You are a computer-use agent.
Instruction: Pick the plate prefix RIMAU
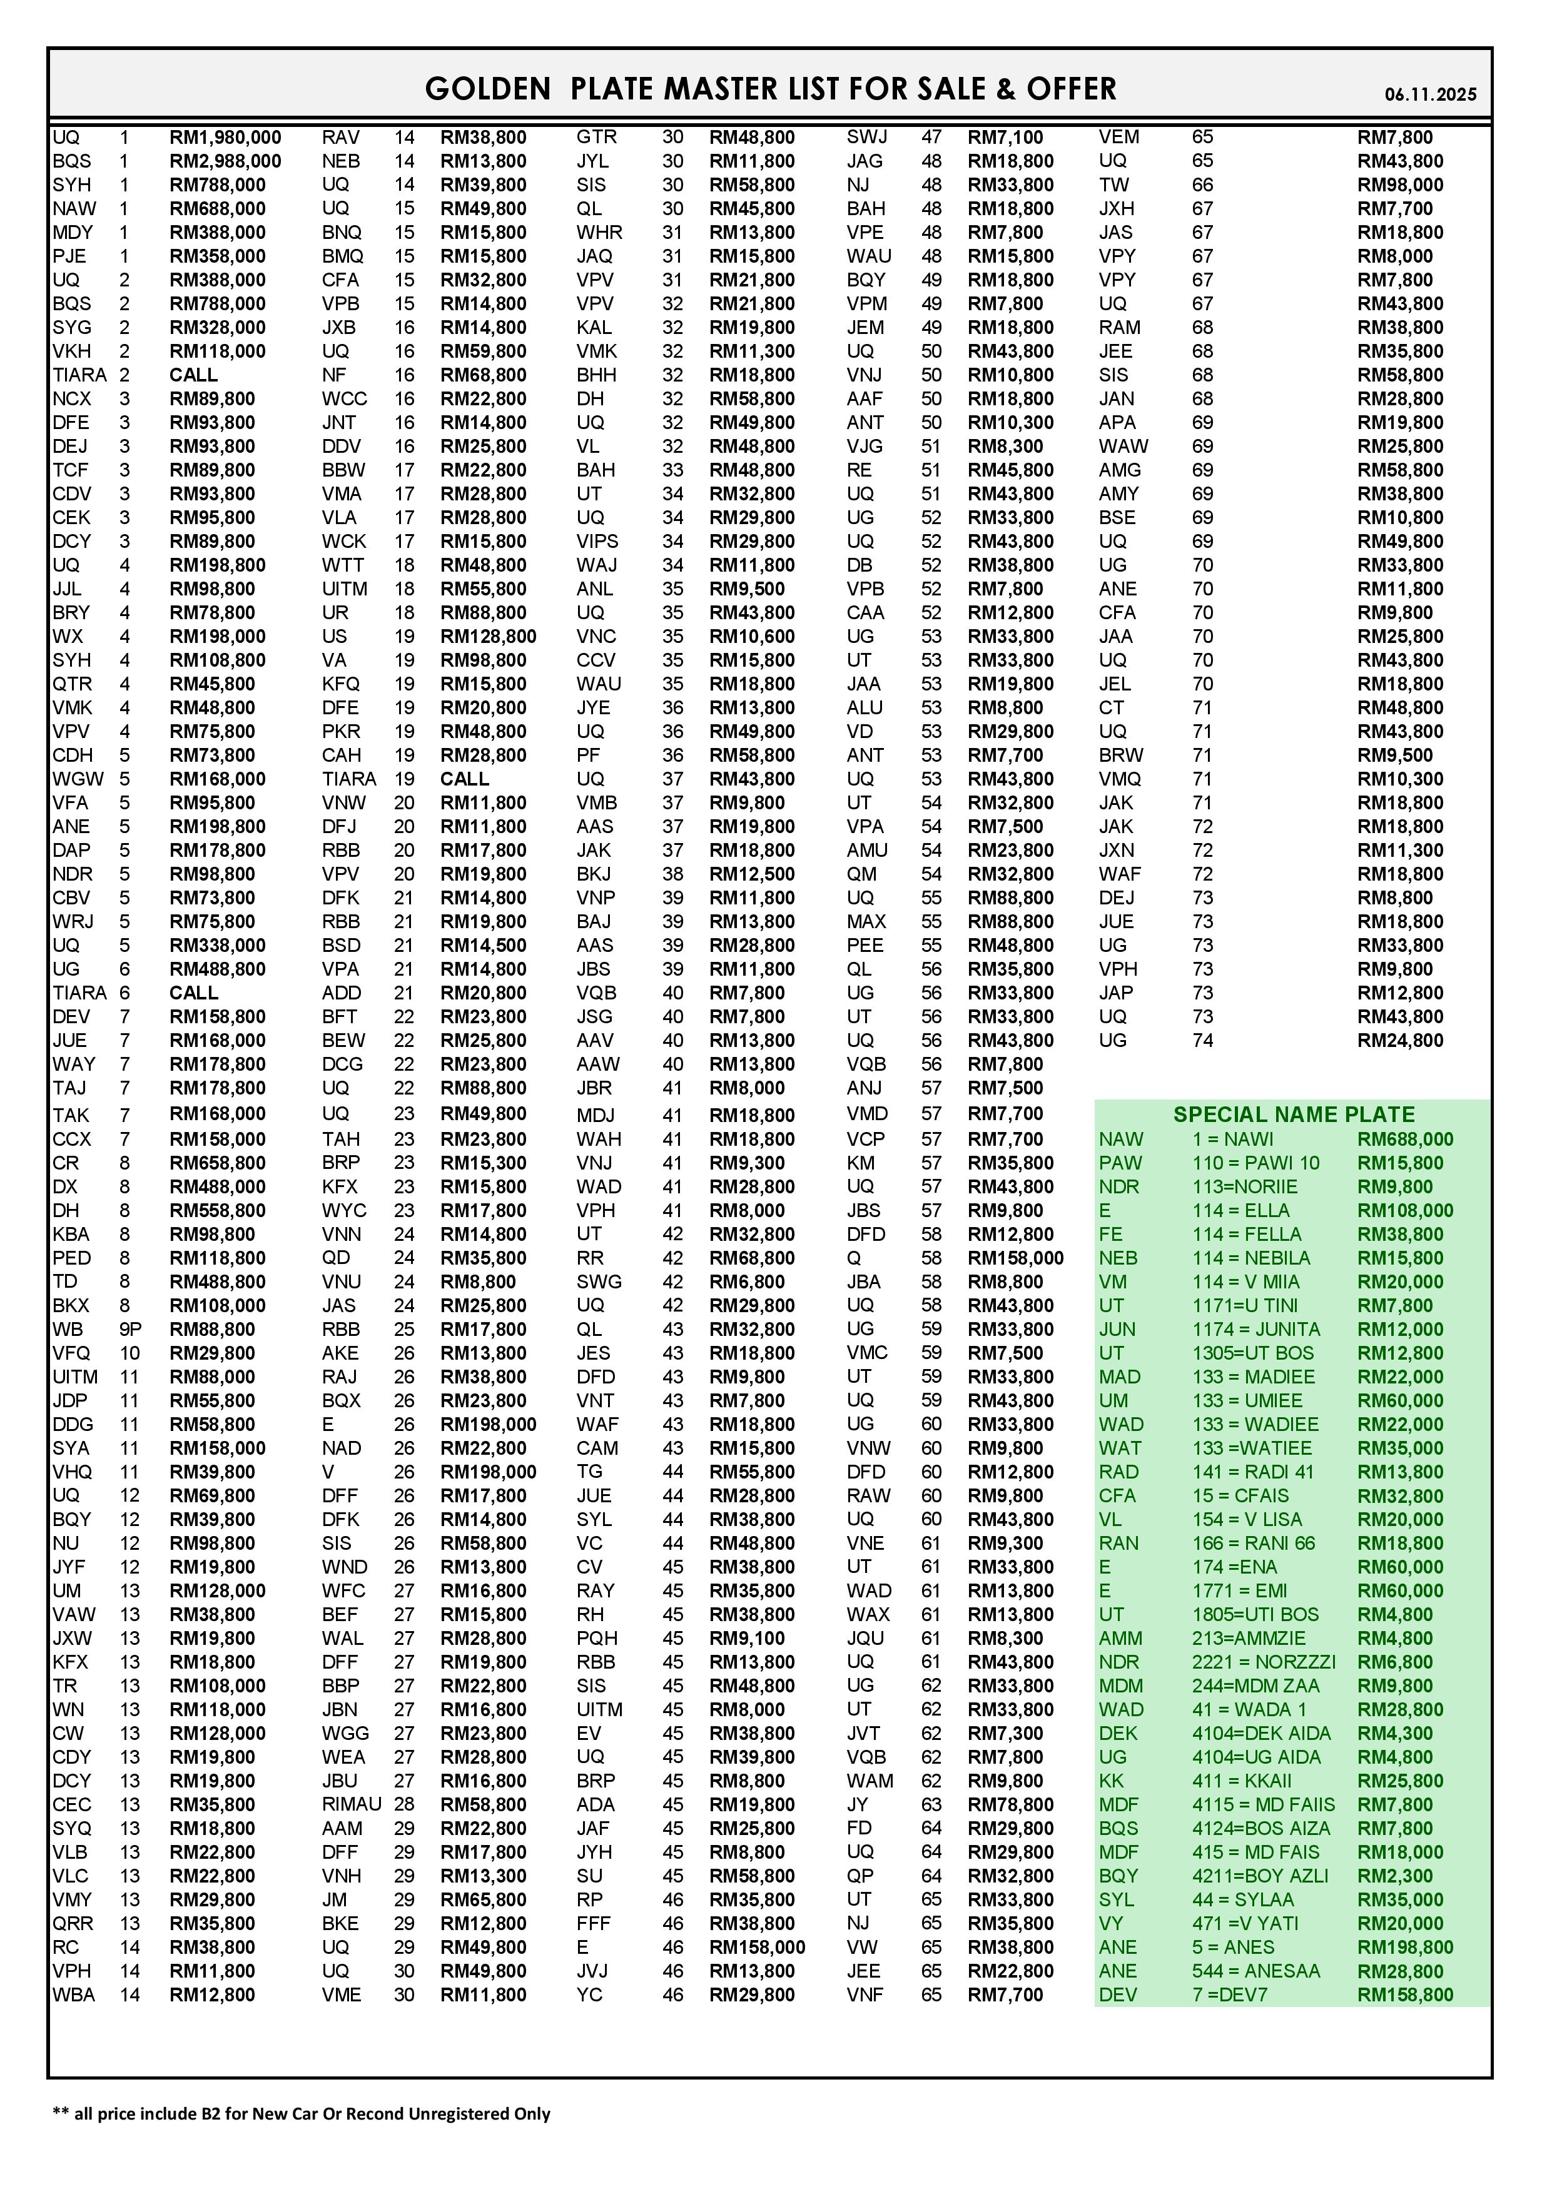(351, 1804)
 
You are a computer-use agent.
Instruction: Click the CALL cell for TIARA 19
(464, 779)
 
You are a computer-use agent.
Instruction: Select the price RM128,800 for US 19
(489, 637)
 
